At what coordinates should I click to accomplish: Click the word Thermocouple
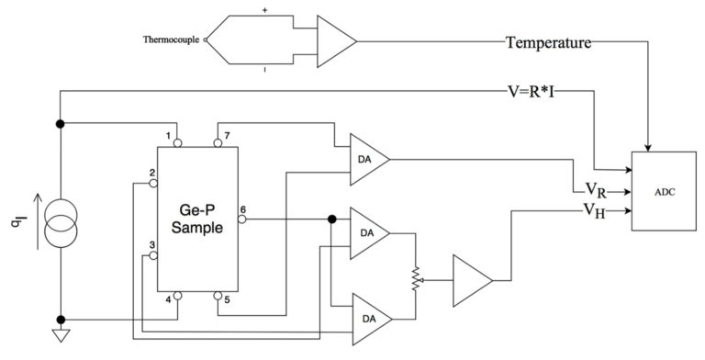point(173,40)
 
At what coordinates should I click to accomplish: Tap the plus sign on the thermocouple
point(264,10)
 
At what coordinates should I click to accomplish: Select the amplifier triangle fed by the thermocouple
point(334,40)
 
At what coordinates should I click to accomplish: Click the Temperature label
point(548,41)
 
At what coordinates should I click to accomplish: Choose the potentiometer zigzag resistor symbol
point(415,276)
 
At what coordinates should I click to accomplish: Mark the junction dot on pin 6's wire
point(330,219)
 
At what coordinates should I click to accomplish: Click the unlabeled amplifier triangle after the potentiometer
point(472,276)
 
